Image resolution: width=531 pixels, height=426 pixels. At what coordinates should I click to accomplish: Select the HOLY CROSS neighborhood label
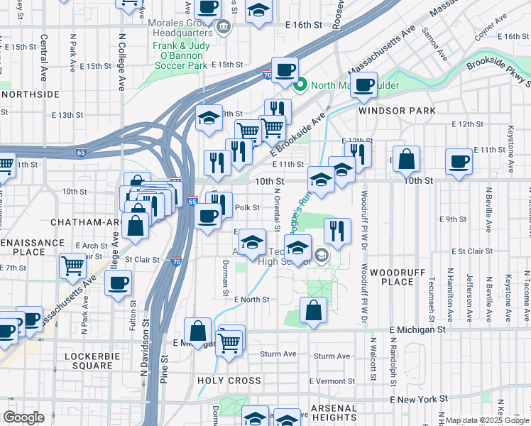229,381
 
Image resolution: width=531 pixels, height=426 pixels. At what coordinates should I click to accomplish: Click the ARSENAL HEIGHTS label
333,413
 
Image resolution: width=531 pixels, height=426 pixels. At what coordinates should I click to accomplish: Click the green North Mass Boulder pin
300,86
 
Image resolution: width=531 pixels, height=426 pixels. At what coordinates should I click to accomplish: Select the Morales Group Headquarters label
180,28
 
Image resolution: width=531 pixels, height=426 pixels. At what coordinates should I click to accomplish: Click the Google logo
23,417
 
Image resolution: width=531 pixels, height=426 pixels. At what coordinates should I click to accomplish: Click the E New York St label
417,399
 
